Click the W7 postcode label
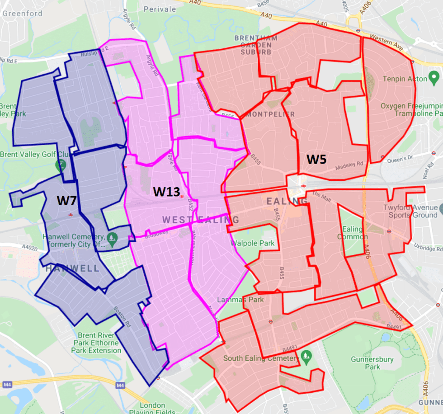(x=66, y=200)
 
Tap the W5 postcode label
(x=317, y=159)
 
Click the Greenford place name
(x=22, y=13)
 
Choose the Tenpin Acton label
(x=405, y=79)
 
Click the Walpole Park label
(x=253, y=243)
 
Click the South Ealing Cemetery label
(x=261, y=358)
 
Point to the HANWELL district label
(x=72, y=268)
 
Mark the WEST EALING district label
(x=201, y=220)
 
